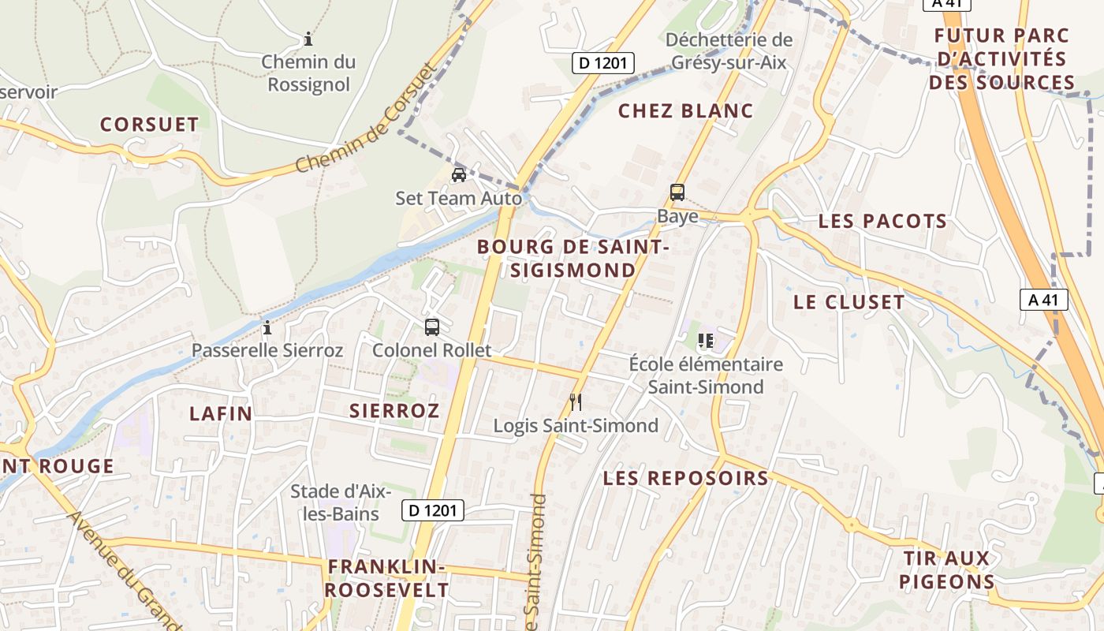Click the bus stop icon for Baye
point(677,192)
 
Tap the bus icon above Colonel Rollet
point(431,327)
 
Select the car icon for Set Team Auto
point(458,174)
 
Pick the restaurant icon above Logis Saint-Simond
point(576,402)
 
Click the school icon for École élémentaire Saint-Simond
point(706,341)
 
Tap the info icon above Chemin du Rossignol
point(308,38)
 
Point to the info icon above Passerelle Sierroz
point(267,327)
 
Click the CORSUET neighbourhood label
point(149,125)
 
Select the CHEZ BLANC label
point(685,110)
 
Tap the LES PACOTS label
point(882,221)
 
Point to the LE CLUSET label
point(849,302)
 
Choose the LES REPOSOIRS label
point(685,478)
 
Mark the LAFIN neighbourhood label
point(221,413)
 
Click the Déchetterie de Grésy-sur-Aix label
point(729,50)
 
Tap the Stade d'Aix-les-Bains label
point(341,502)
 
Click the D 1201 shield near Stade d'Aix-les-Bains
point(433,510)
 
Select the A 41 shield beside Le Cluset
point(1043,300)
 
